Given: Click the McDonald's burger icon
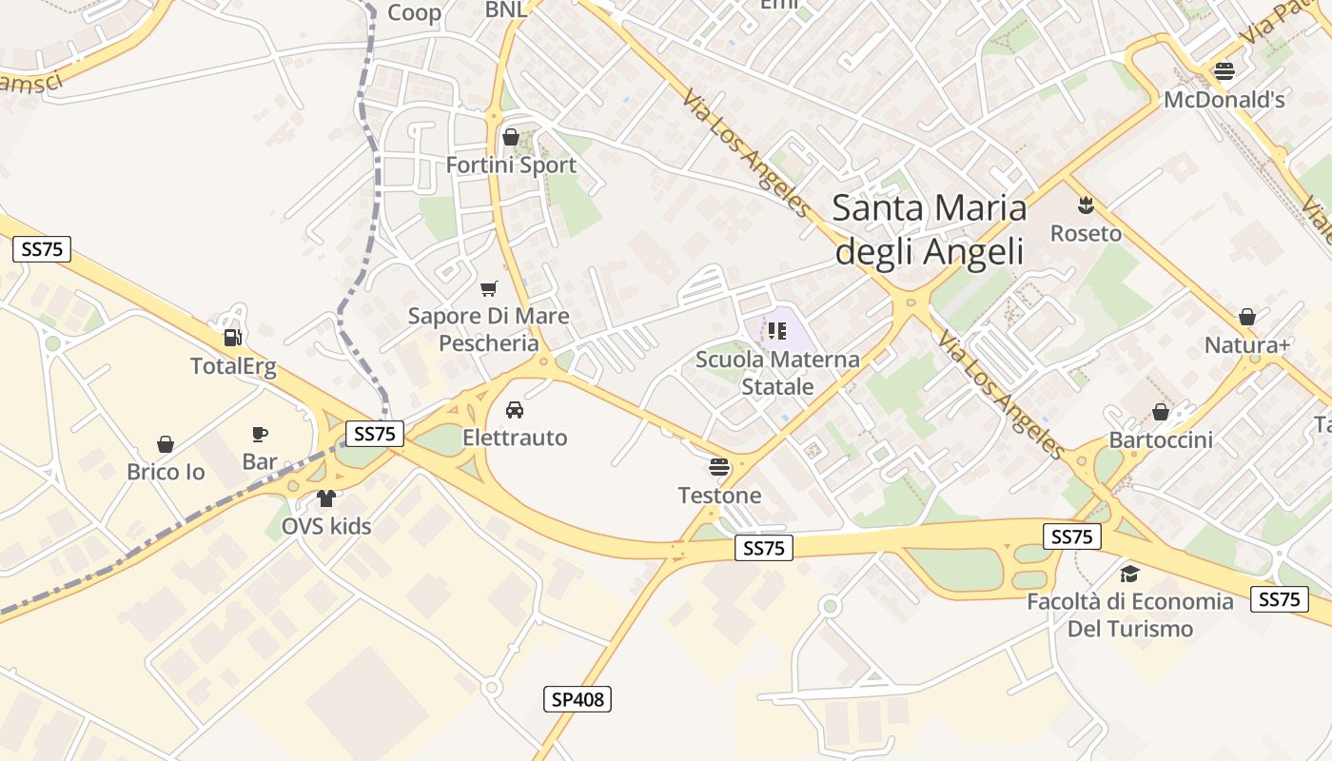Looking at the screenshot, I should [1224, 70].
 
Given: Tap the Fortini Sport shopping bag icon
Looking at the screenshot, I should [511, 137].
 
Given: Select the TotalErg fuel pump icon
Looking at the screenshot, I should [231, 337].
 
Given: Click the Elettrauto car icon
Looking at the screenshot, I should [515, 409].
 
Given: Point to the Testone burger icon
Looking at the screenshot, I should [719, 466].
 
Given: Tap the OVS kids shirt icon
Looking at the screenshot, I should [326, 498].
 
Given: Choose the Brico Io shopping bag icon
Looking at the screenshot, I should [166, 444].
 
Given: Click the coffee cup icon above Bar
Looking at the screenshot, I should [259, 435].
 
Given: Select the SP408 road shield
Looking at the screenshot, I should [578, 699].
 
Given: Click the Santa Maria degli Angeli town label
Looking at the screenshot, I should [930, 229].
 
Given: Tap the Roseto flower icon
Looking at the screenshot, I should [1085, 205].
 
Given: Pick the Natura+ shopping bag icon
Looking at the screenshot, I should [1247, 317].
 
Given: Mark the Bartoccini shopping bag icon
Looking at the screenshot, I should [1161, 412].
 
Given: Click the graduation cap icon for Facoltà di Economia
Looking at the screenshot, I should [1129, 574].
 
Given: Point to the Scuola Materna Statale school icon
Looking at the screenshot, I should [777, 331].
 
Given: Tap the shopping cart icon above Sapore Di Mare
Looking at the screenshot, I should [489, 288].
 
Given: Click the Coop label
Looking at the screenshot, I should [415, 12].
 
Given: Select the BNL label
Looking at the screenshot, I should [506, 10].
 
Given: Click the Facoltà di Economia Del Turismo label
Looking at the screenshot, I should [1130, 615].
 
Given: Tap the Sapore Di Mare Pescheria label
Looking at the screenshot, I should [489, 329].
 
